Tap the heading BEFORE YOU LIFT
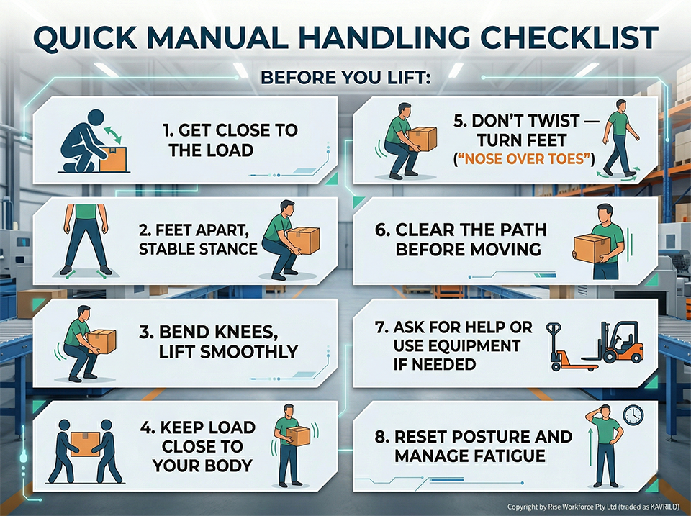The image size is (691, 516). point(345,77)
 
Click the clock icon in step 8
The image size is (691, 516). point(633,415)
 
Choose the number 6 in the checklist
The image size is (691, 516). point(381,230)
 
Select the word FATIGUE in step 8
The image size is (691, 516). point(518,456)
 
